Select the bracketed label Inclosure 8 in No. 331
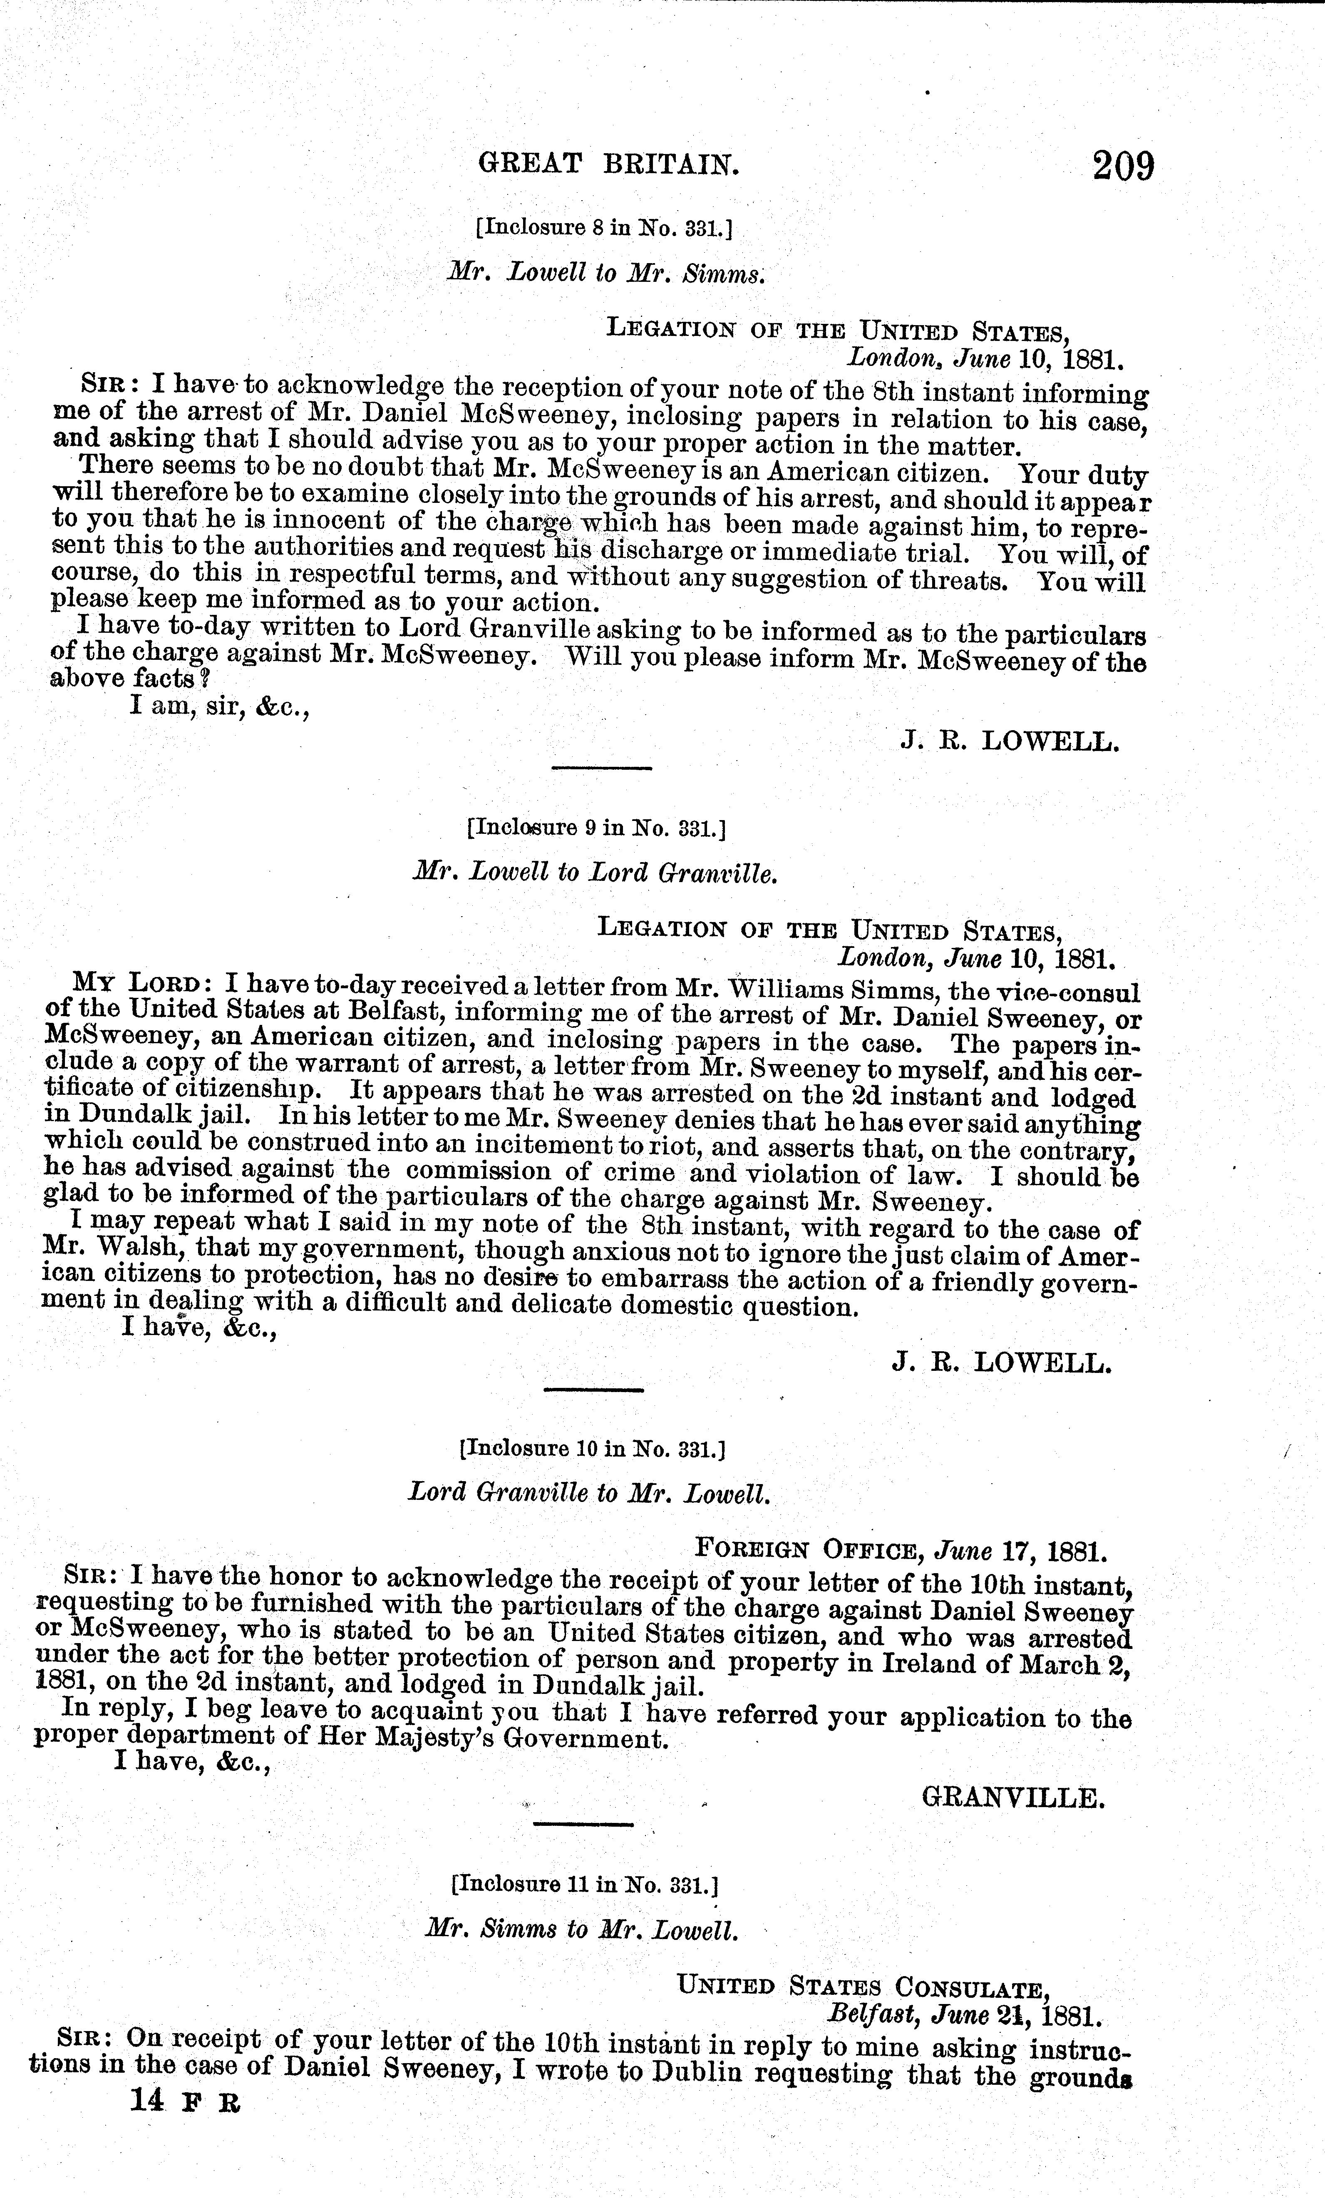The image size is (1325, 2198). pyautogui.click(x=604, y=229)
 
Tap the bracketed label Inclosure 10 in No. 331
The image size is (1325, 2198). pyautogui.click(x=591, y=1449)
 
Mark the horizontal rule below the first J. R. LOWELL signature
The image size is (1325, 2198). pyautogui.click(x=602, y=767)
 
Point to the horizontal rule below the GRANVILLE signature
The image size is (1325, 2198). pyautogui.click(x=581, y=1822)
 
